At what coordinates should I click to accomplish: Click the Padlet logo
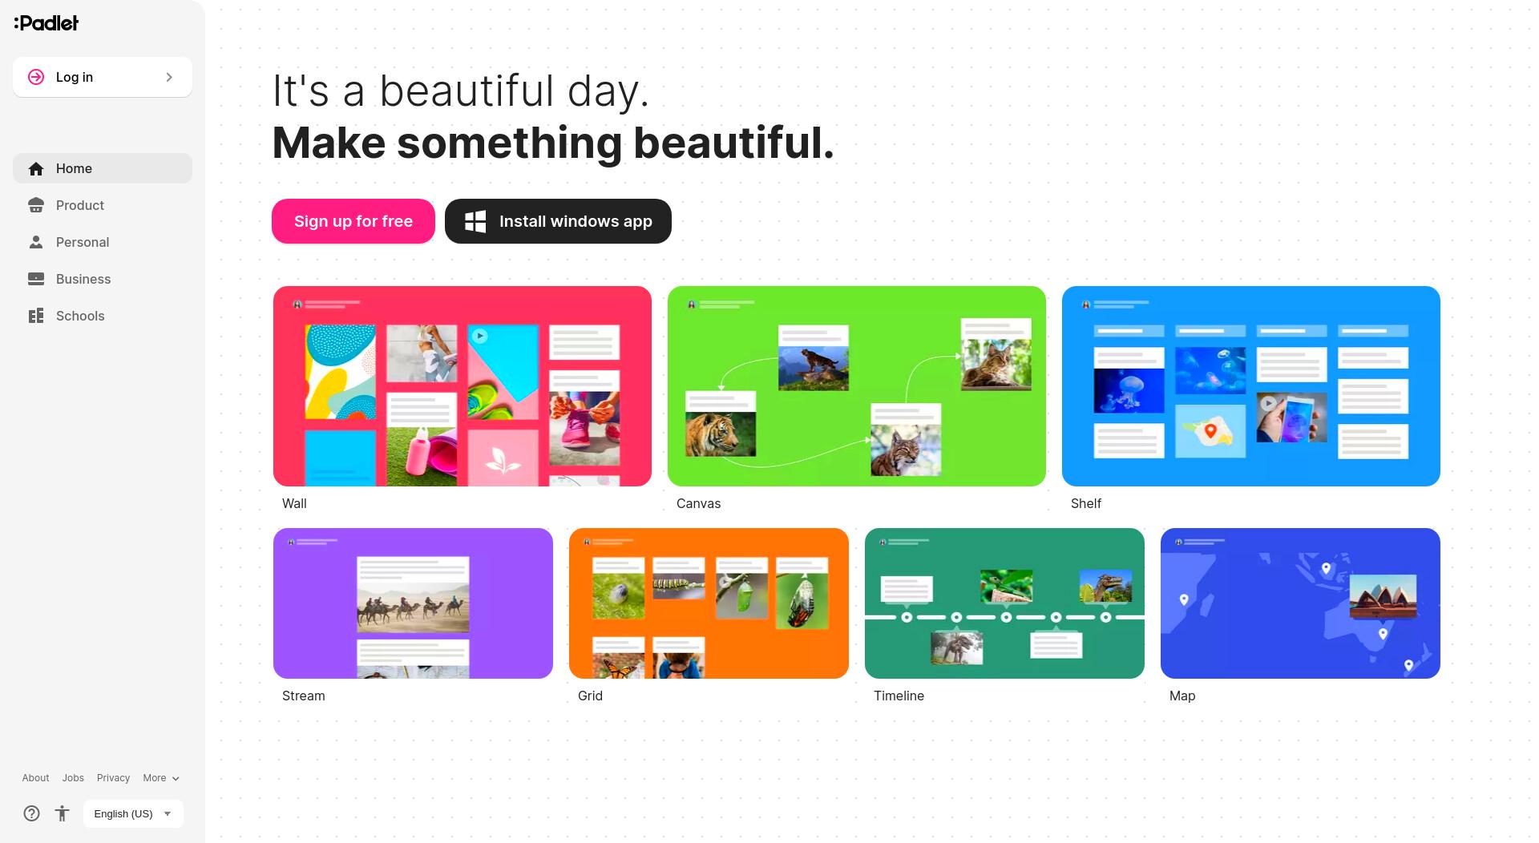46,23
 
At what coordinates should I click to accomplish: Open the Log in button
103,77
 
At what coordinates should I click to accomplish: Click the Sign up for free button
353,221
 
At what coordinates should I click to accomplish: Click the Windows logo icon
475,222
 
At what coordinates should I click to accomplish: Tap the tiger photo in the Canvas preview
721,434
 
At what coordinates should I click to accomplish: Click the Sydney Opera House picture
1383,596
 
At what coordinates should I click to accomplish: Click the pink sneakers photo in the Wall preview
584,429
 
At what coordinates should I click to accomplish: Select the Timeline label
899,696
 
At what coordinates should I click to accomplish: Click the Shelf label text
1086,503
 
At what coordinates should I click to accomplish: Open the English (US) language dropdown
133,813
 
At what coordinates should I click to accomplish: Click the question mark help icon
31,813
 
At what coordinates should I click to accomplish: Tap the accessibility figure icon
62,813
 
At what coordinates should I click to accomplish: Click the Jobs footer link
73,778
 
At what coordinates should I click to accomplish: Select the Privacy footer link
113,778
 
